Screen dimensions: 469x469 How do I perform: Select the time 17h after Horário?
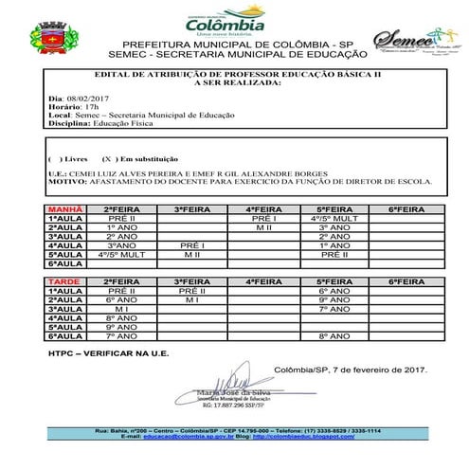click(90, 106)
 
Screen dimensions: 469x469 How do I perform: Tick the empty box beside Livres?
click(55, 157)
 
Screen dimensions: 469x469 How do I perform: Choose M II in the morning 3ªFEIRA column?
click(192, 256)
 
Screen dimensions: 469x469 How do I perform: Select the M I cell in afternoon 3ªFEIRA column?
click(192, 300)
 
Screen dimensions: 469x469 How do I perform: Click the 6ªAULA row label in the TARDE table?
click(65, 336)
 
